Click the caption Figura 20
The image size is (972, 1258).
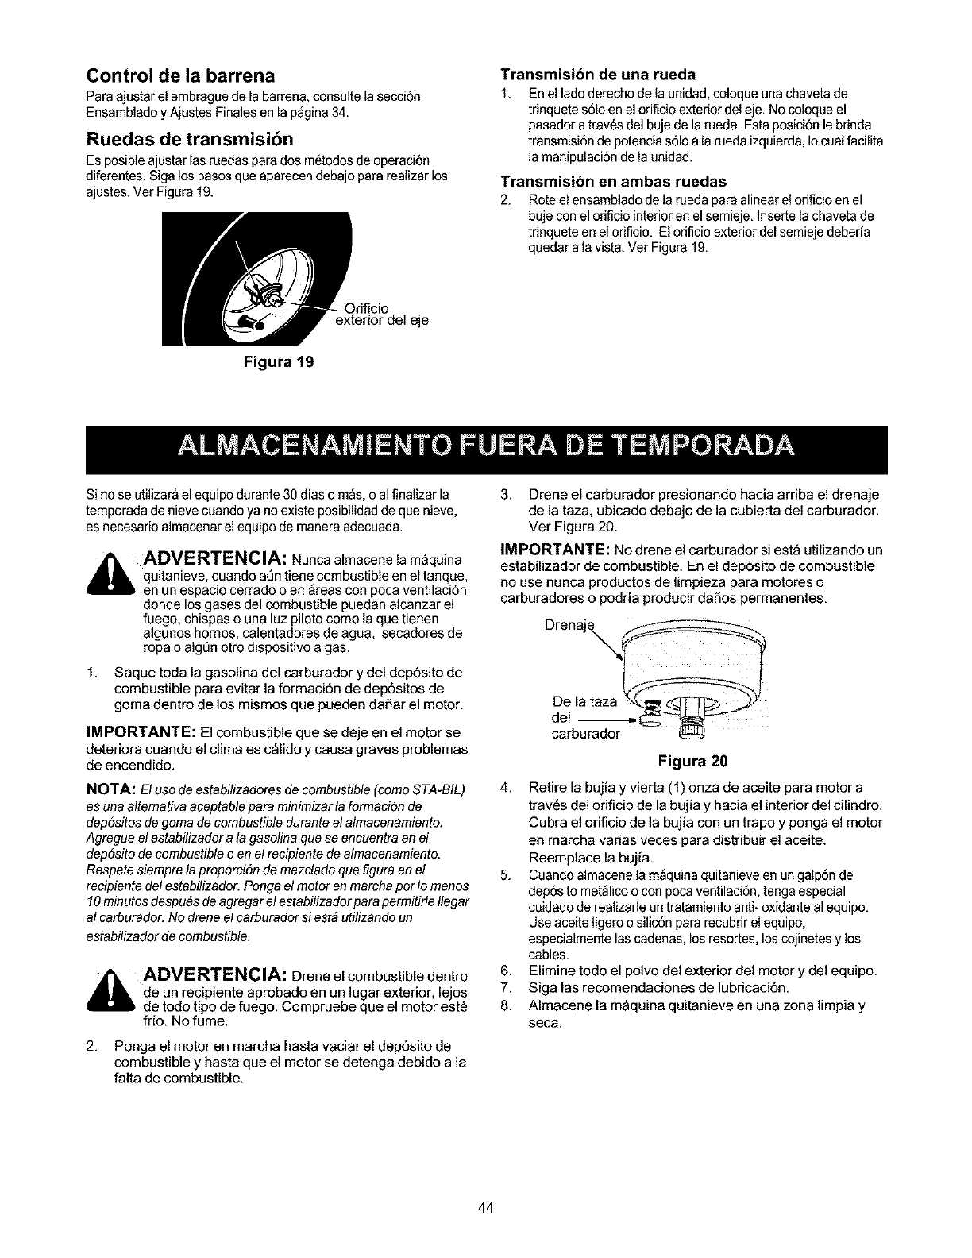692,760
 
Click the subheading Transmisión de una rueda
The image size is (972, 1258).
597,75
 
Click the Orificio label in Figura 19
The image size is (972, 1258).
369,307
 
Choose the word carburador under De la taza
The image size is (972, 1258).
584,734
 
